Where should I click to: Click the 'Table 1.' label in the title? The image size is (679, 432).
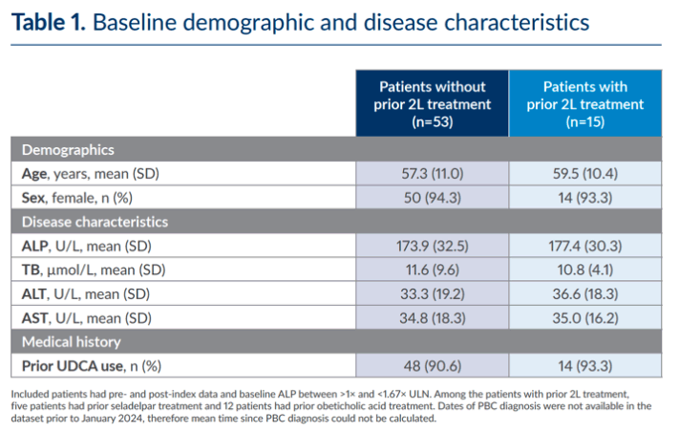tap(49, 22)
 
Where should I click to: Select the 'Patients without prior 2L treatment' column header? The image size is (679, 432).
tap(433, 104)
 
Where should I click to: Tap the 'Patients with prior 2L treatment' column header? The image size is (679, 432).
tap(585, 104)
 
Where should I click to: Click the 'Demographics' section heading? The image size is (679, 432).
tap(68, 150)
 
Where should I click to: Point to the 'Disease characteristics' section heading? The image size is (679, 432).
tap(95, 222)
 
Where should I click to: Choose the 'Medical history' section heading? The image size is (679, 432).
tap(72, 342)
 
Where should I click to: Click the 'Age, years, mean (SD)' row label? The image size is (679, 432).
tap(91, 174)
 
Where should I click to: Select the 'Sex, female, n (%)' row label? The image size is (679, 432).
tap(77, 198)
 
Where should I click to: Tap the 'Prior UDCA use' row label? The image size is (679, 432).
tap(73, 366)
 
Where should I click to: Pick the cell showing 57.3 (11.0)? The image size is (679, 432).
tap(433, 174)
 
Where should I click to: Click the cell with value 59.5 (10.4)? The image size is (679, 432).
tap(585, 174)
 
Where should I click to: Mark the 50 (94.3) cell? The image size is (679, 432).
tap(433, 198)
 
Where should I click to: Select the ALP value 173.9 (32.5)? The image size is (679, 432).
tap(433, 247)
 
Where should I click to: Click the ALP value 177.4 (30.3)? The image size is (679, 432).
tap(585, 247)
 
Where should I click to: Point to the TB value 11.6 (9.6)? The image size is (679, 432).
tap(433, 270)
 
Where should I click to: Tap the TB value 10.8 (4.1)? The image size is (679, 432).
tap(585, 270)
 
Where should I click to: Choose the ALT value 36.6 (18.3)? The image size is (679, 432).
tap(585, 294)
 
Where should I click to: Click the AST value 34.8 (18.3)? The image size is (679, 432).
tap(433, 318)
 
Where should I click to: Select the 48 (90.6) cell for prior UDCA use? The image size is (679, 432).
tap(433, 366)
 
